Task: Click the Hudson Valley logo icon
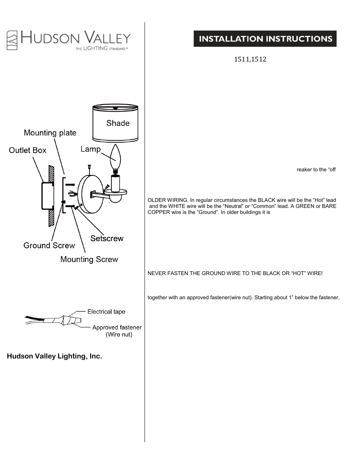tap(12, 40)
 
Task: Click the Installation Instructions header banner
tap(265, 39)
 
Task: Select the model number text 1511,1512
tap(250, 60)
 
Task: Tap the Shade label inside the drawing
tap(118, 123)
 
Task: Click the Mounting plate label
tap(50, 133)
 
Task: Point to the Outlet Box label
tap(28, 150)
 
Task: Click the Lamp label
tap(91, 149)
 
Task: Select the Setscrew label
tap(107, 238)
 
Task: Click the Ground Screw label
tap(49, 246)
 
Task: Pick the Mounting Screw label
tap(89, 260)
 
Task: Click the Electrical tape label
tap(106, 312)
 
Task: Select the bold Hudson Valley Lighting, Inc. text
tap(54, 356)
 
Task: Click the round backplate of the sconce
tap(89, 193)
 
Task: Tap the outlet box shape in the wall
tap(46, 196)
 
